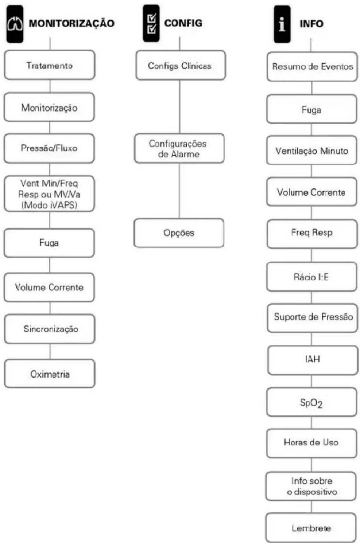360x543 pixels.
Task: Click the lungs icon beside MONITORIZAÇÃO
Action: point(15,24)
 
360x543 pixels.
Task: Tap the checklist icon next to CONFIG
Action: point(151,23)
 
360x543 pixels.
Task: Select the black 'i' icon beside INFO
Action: point(282,24)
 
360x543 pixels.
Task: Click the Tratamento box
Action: point(50,65)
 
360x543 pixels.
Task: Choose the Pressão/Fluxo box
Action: point(49,148)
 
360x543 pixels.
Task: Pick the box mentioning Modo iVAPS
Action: point(49,194)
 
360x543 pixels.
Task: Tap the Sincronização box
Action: point(50,329)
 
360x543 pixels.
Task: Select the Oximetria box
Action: point(50,374)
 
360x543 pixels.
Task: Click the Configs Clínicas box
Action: point(181,65)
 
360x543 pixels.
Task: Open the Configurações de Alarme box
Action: point(179,148)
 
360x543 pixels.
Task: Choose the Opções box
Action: point(179,233)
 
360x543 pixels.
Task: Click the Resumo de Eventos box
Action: point(312,67)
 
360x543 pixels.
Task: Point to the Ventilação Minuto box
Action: point(312,151)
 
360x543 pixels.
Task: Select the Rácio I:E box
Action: point(312,277)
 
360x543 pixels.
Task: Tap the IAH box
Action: point(313,360)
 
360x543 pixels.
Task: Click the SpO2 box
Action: point(312,402)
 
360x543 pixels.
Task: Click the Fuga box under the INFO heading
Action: point(312,109)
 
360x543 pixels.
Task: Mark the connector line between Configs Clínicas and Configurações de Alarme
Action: point(180,107)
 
